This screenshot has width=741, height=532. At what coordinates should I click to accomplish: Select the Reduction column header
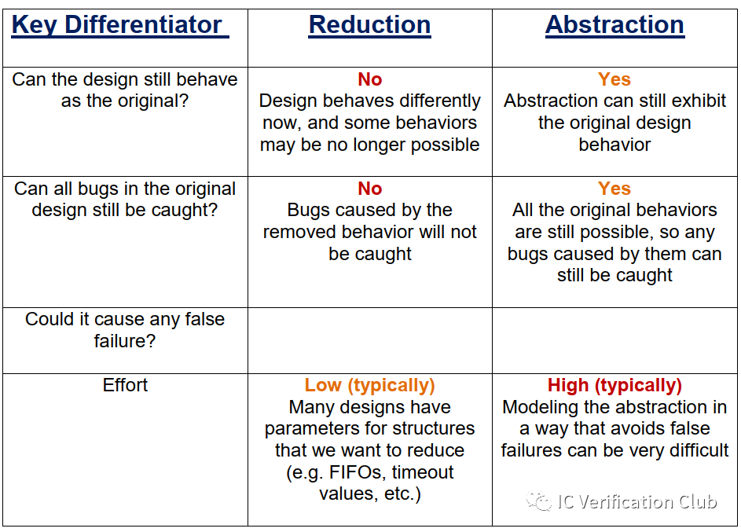369,26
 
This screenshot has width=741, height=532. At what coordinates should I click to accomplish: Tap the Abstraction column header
614,26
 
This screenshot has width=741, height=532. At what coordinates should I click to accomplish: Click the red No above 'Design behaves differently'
369,79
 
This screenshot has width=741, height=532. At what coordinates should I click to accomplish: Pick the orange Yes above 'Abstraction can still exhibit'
614,79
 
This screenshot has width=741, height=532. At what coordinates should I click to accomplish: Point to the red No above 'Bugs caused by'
369,189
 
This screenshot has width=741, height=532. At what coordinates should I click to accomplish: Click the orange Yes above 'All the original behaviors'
614,189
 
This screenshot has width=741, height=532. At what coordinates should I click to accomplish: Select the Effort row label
125,385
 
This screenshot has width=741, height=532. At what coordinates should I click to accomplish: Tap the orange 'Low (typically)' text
369,385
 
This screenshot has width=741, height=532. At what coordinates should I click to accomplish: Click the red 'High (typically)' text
614,385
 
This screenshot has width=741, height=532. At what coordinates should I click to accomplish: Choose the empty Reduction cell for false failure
369,340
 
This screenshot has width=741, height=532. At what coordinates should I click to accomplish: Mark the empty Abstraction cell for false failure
614,340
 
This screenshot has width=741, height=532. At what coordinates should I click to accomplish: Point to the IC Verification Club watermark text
636,502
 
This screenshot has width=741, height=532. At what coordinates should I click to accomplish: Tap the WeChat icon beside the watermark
539,501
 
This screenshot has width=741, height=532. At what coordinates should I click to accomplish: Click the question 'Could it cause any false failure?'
125,330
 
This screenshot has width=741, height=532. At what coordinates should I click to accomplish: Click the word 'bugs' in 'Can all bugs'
100,189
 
